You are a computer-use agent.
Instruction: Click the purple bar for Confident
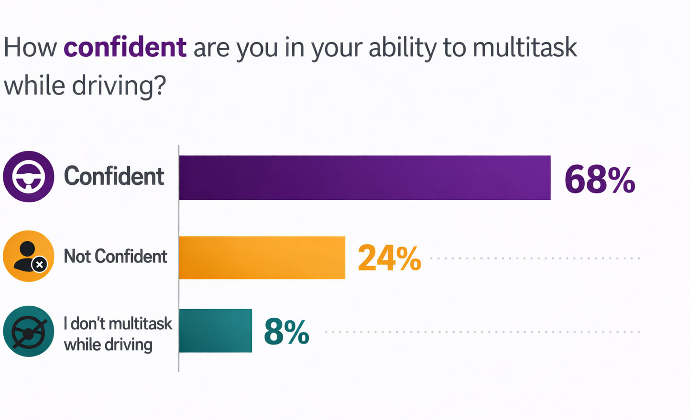(x=364, y=177)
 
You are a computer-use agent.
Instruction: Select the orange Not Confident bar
(x=262, y=258)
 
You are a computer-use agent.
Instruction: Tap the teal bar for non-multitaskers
(x=215, y=331)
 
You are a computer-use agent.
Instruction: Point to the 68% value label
(x=600, y=180)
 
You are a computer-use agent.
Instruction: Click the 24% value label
(x=389, y=258)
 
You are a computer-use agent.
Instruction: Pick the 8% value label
(x=286, y=332)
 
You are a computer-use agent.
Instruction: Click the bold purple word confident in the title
(x=125, y=47)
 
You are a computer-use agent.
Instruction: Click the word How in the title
(x=30, y=47)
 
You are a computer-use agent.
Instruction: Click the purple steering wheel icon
(x=29, y=177)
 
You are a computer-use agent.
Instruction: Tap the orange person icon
(x=28, y=256)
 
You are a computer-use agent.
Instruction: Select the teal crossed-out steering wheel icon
(x=29, y=331)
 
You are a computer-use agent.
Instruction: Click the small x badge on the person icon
(x=40, y=264)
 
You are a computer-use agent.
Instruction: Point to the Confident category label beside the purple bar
(x=114, y=176)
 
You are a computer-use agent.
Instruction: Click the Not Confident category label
(x=116, y=257)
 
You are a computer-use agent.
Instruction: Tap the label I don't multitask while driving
(x=117, y=334)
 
